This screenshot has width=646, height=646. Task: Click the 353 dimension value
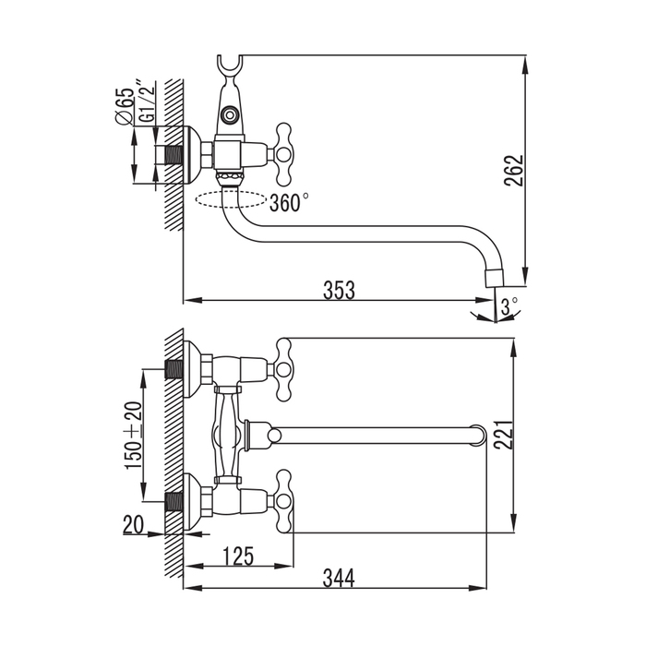coord(340,289)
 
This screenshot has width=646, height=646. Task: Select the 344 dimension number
coord(339,578)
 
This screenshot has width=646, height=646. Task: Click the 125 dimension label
coord(238,556)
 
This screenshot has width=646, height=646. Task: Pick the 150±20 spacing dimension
coord(133,435)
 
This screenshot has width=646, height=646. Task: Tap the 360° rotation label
coord(289,203)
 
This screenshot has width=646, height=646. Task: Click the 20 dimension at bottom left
coord(134,525)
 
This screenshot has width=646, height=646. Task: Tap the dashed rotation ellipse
coord(232,198)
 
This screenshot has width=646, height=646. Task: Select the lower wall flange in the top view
coord(193,502)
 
